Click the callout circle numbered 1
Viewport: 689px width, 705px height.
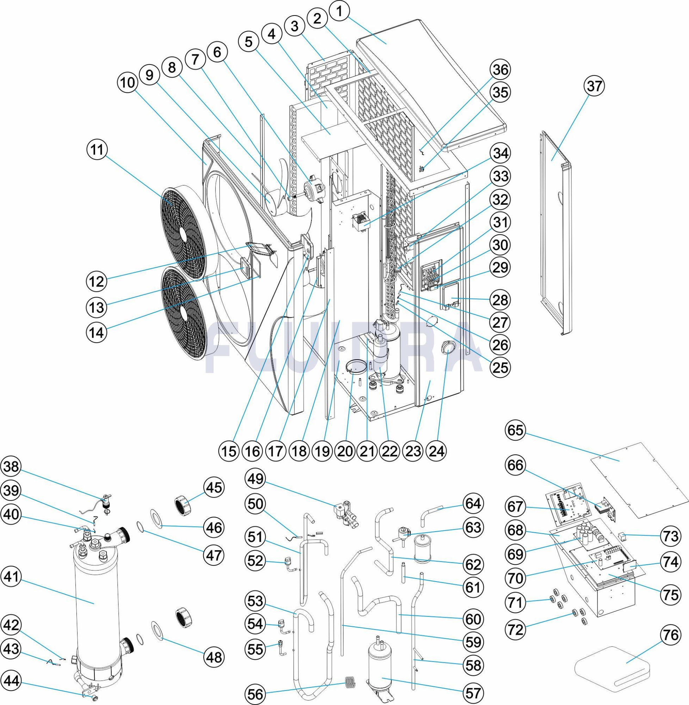[339, 12]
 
